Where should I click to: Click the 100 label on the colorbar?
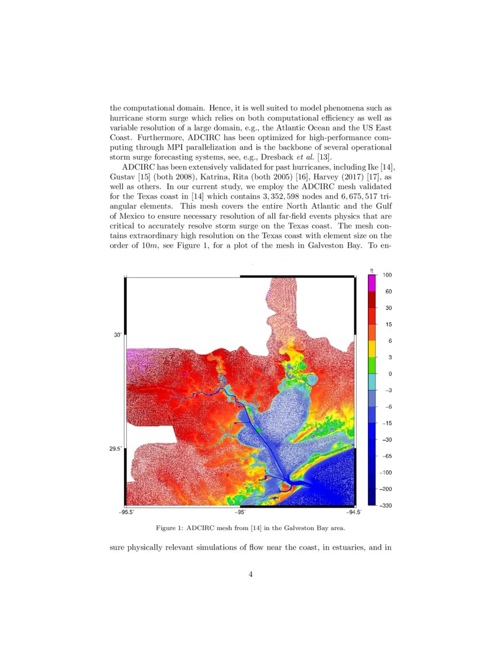pos(387,275)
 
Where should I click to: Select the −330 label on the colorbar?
pos(388,506)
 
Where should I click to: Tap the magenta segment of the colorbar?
pos(371,283)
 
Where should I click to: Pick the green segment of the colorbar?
pos(371,366)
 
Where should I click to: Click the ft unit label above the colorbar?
pos(371,270)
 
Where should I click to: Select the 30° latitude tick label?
pos(118,335)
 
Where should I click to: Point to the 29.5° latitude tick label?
pos(116,449)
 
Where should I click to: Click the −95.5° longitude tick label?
pos(128,513)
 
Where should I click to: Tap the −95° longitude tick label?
pos(241,513)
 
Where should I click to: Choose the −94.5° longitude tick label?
pos(354,513)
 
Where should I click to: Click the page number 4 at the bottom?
pos(251,573)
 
